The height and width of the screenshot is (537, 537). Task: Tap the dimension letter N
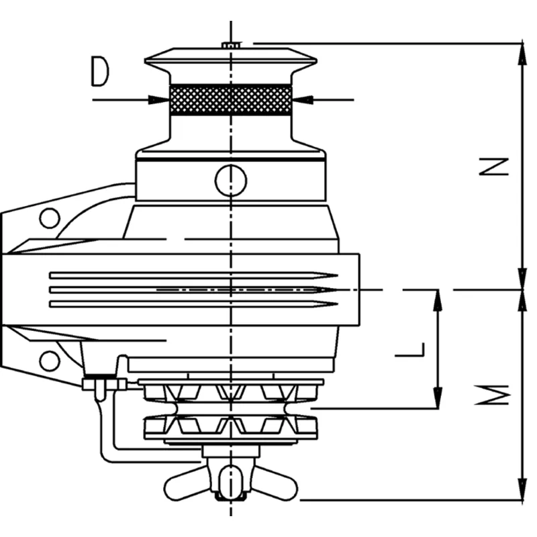click(x=496, y=166)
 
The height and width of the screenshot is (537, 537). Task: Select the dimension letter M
click(x=496, y=395)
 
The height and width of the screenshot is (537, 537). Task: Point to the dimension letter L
click(x=410, y=349)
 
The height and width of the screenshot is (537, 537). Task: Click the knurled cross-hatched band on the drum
click(x=230, y=100)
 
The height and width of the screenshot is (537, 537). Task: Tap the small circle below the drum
click(x=230, y=179)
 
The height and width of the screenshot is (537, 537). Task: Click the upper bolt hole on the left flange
click(x=49, y=218)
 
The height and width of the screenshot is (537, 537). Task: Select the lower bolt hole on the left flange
click(x=49, y=360)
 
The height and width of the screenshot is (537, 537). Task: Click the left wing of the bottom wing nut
click(x=185, y=483)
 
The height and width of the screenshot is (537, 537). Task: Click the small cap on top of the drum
click(x=231, y=45)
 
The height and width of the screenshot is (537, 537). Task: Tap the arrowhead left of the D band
click(x=160, y=100)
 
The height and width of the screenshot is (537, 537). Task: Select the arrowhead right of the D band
click(x=302, y=100)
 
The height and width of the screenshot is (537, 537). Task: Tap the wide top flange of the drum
click(x=230, y=60)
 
